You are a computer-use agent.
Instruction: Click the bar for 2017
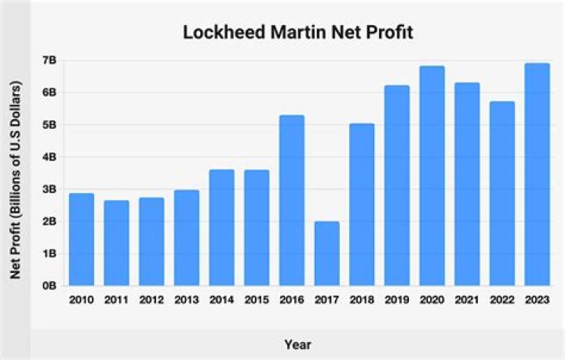click(x=326, y=253)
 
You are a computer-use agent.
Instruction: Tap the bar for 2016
click(x=292, y=201)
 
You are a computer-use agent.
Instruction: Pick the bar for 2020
click(x=432, y=176)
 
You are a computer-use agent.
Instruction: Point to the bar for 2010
click(x=81, y=239)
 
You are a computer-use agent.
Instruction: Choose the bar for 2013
click(x=186, y=238)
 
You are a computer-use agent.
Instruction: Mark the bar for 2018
click(x=362, y=205)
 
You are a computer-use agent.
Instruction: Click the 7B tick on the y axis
click(x=49, y=60)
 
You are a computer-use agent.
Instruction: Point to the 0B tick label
click(x=49, y=286)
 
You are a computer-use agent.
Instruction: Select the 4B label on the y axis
click(x=49, y=157)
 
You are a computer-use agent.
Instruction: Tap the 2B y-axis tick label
click(x=49, y=222)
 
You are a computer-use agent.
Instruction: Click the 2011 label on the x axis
click(x=116, y=300)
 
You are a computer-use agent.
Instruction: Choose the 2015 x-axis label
click(x=257, y=300)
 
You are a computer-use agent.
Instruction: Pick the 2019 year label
click(x=397, y=300)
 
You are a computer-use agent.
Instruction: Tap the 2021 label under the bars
click(x=467, y=300)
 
